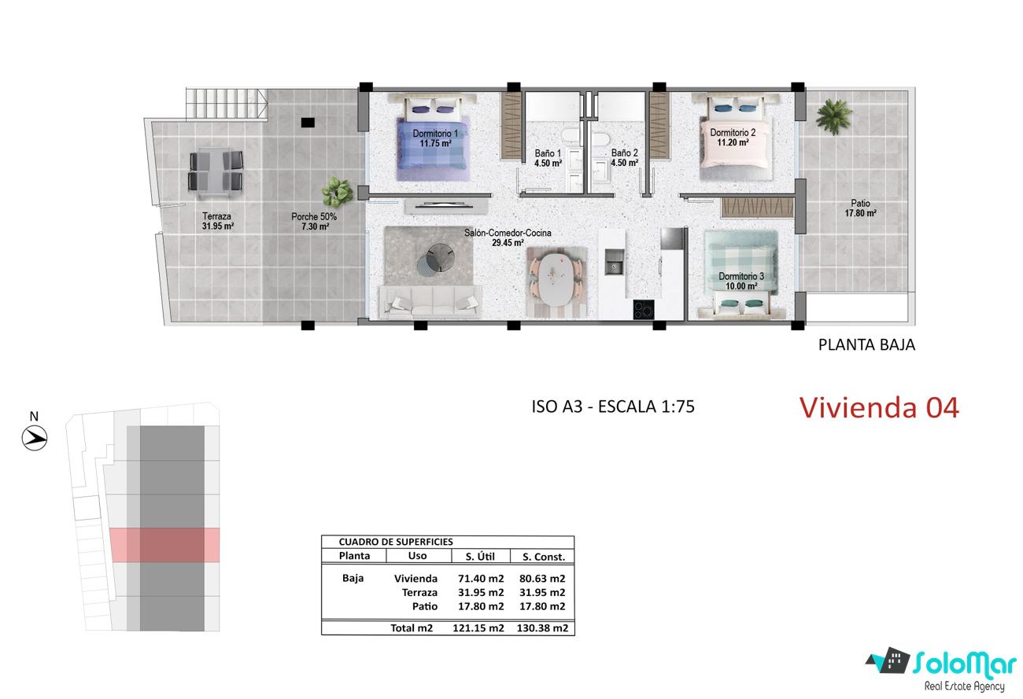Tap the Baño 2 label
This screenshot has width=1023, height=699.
(x=624, y=158)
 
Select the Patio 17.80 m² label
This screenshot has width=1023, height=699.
(x=860, y=208)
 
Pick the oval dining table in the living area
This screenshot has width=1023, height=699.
(x=555, y=281)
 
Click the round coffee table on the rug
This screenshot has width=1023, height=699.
(x=437, y=258)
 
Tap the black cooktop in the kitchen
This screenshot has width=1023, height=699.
(x=644, y=310)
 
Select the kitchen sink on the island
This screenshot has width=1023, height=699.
(x=615, y=262)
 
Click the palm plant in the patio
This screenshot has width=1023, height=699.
(x=833, y=116)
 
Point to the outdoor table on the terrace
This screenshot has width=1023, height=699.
(x=215, y=172)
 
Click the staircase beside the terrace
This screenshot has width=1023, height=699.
(x=227, y=105)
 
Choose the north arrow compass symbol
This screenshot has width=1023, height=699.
(x=35, y=438)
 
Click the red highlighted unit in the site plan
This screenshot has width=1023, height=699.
(x=165, y=545)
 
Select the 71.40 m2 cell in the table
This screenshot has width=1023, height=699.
(x=481, y=579)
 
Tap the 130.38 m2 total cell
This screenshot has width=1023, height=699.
(x=542, y=628)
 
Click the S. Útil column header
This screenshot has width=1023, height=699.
(x=480, y=556)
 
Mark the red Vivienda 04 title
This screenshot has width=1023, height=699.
(x=879, y=407)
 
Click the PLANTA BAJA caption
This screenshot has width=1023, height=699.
(x=866, y=345)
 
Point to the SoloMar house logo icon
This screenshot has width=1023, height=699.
(x=888, y=660)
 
